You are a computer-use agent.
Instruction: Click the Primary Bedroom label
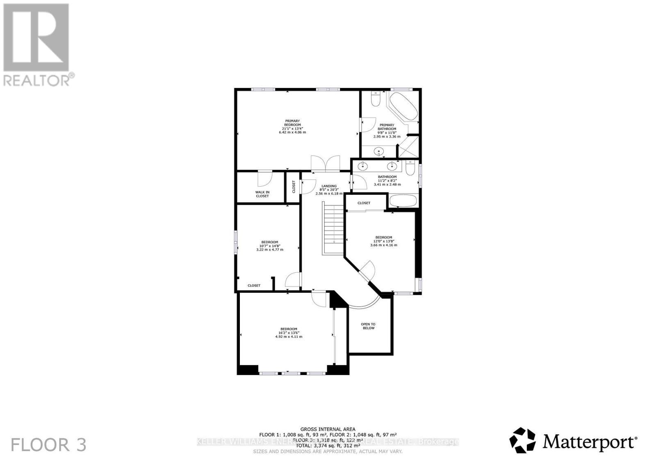coord(292,126)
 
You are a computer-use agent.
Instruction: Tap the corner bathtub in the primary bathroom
coord(403,106)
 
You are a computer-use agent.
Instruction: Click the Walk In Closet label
coord(262,194)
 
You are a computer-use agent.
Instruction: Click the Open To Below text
coord(368,326)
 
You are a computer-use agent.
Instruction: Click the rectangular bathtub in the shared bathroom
coord(403,201)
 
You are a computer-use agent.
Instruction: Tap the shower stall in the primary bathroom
coord(408,147)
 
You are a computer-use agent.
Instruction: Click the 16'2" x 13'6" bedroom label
coord(289,333)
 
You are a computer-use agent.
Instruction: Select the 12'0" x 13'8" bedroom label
coord(384,241)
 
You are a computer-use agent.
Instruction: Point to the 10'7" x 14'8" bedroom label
coord(269,246)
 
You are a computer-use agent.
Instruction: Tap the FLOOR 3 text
coord(48,445)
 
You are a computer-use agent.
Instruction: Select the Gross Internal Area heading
coord(328,429)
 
